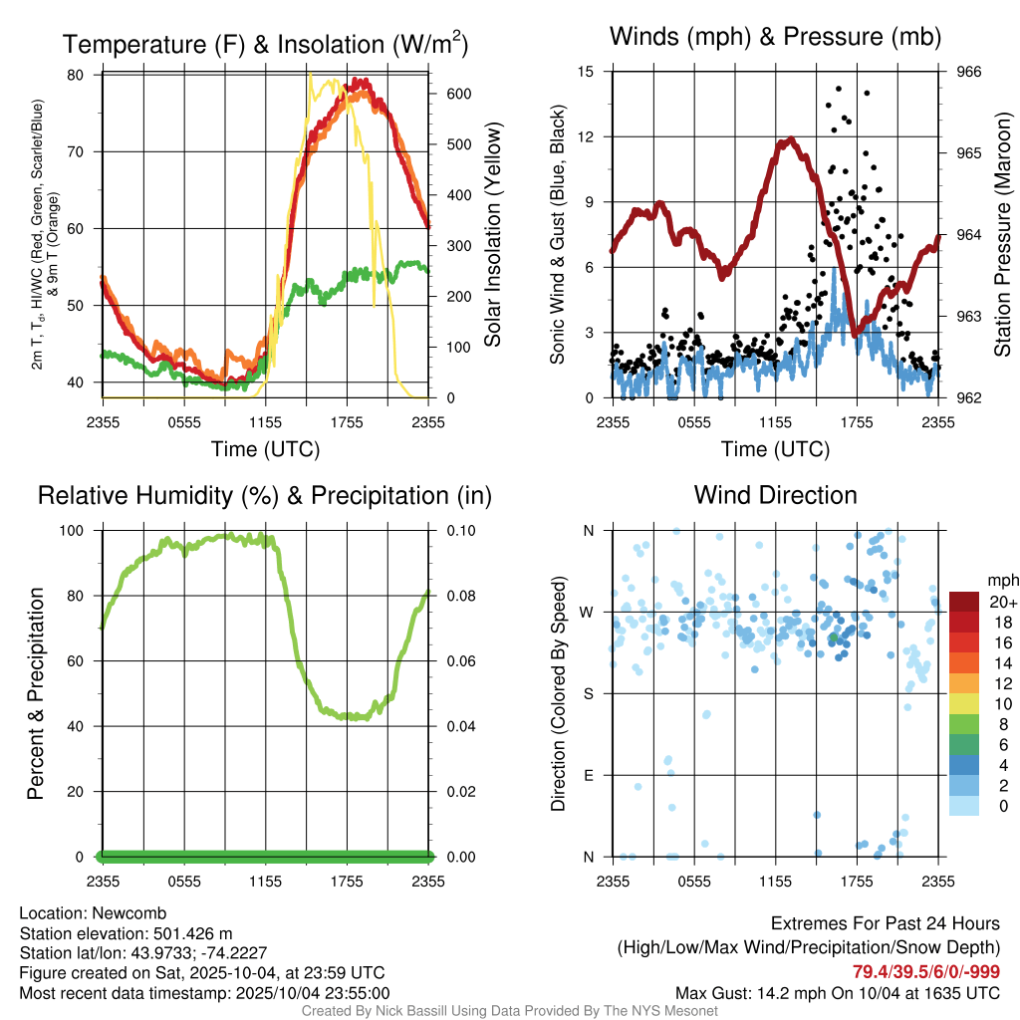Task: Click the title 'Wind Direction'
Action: coord(775,495)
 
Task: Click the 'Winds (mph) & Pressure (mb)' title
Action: coord(775,38)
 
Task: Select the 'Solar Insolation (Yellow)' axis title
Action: coord(492,235)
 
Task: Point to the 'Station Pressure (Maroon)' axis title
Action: coord(1003,235)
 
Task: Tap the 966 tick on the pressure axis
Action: coord(969,72)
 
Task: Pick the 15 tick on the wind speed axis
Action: coord(586,72)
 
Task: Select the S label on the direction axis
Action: coord(589,694)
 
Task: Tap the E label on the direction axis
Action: coord(589,775)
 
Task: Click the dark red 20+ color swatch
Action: coord(965,602)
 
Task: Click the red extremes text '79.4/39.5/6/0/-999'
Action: coord(926,972)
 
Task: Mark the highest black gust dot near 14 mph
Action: coord(839,89)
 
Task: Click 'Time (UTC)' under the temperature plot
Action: coord(266,449)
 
